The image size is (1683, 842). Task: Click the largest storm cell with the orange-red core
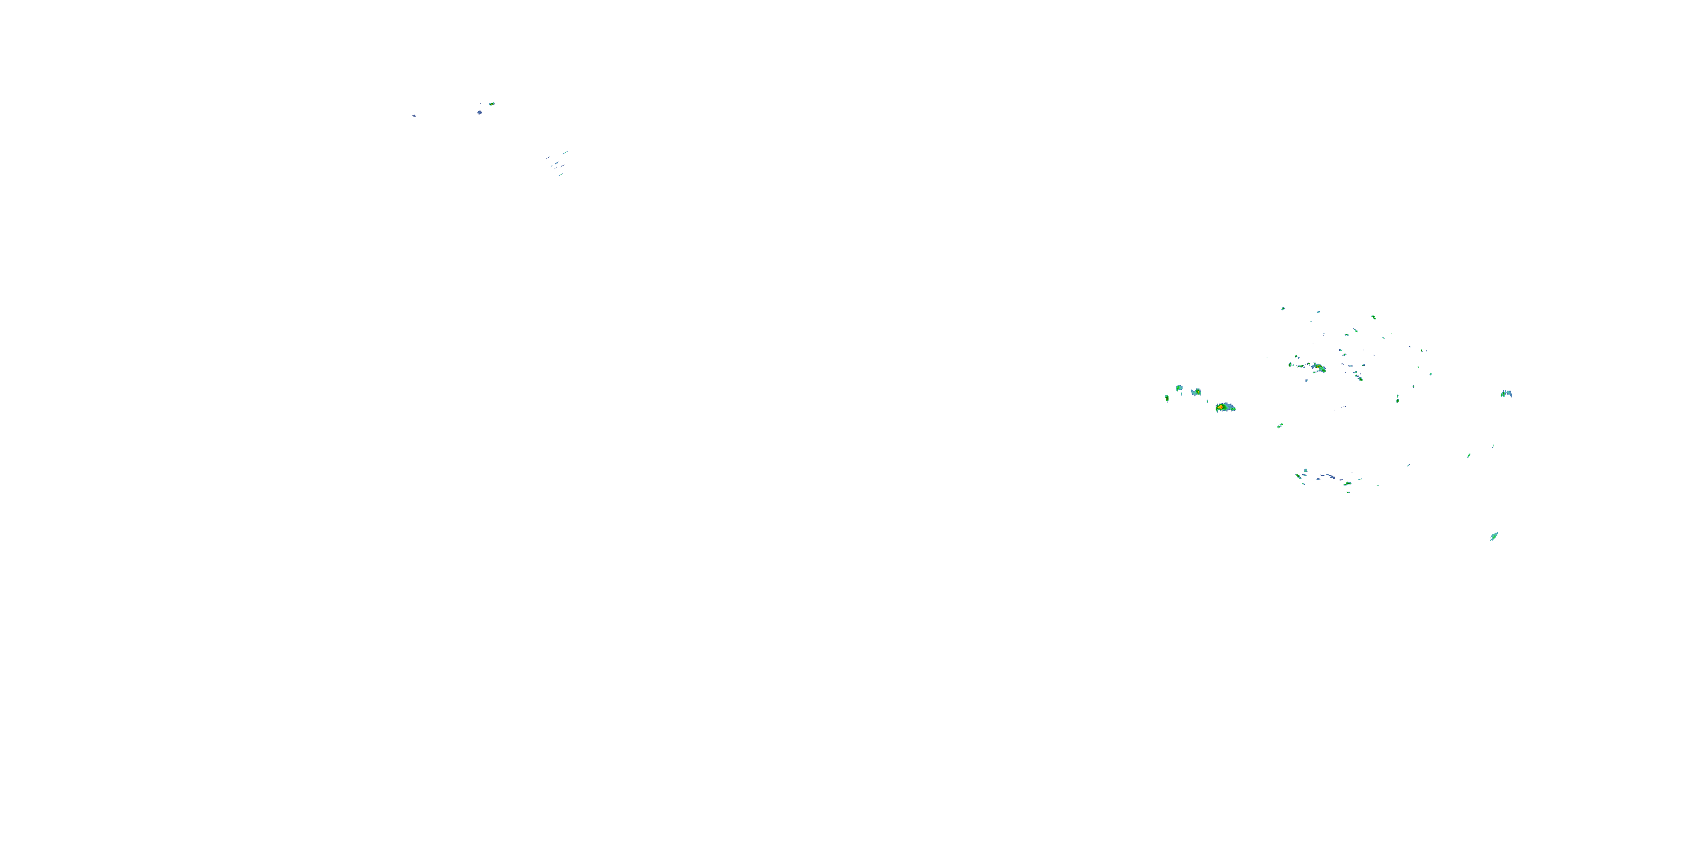pyautogui.click(x=1224, y=408)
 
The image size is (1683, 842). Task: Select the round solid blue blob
pyautogui.click(x=480, y=112)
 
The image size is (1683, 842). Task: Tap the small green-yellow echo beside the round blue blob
pyautogui.click(x=492, y=103)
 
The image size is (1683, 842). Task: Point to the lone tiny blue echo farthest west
pyautogui.click(x=413, y=116)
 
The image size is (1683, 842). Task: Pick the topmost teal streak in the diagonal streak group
pyautogui.click(x=565, y=152)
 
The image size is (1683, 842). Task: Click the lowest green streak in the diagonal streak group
pyautogui.click(x=560, y=175)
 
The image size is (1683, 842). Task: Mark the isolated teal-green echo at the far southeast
pyautogui.click(x=1493, y=537)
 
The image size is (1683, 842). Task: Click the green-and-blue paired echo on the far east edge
pyautogui.click(x=1506, y=393)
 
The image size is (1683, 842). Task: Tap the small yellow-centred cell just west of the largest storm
pyautogui.click(x=1195, y=392)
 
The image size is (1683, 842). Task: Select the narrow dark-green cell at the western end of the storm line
pyautogui.click(x=1167, y=397)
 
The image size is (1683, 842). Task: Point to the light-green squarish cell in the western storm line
pyautogui.click(x=1179, y=388)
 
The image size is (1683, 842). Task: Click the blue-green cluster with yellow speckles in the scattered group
pyautogui.click(x=1319, y=368)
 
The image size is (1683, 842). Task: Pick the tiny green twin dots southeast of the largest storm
pyautogui.click(x=1280, y=425)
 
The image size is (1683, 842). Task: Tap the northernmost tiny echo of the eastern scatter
pyautogui.click(x=1283, y=308)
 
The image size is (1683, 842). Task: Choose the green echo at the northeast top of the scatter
pyautogui.click(x=1373, y=317)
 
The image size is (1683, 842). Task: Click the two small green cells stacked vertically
pyautogui.click(x=1397, y=397)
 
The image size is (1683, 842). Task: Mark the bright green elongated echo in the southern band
pyautogui.click(x=1347, y=484)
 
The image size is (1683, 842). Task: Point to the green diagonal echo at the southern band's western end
pyautogui.click(x=1298, y=475)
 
